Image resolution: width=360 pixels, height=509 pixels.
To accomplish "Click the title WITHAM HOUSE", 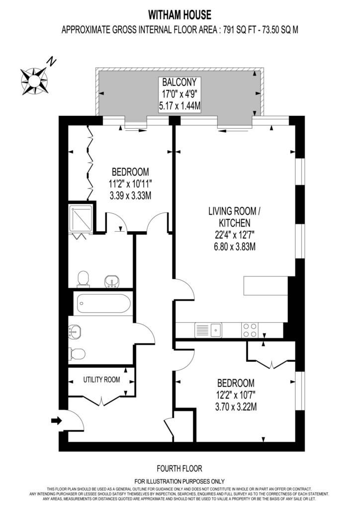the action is tap(180, 15).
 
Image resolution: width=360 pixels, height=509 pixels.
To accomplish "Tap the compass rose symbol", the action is tap(34, 81).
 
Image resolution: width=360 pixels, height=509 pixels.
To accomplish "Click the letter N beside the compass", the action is tap(52, 61).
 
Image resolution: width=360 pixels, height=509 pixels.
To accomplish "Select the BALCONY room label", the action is tap(180, 82).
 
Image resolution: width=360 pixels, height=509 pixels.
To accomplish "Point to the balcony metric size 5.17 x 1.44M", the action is tap(180, 106).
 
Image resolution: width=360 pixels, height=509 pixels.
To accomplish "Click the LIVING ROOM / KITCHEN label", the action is tap(234, 217).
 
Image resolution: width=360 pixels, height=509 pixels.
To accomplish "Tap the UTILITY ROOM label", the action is tap(101, 379).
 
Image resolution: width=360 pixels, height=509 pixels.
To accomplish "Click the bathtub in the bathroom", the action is tap(103, 304).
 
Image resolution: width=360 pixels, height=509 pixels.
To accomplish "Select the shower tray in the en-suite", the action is tap(81, 219).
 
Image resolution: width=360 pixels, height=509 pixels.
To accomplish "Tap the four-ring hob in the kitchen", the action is tap(250, 330).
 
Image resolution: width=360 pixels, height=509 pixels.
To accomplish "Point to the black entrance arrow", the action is tap(57, 421).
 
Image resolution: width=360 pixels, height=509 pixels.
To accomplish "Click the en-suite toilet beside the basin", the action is tap(84, 279).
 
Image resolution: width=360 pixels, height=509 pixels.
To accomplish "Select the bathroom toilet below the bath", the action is tap(77, 354).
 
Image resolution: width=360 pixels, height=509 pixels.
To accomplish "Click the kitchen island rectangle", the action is tap(266, 286).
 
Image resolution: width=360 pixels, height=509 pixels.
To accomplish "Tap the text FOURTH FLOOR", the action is tap(180, 469).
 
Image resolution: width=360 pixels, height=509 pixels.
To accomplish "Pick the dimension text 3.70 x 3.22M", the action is tap(236, 407).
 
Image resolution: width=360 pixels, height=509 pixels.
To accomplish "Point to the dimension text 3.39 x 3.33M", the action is tap(130, 196).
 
